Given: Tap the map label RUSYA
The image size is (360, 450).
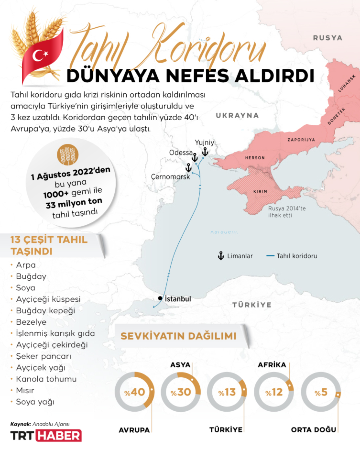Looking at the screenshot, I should (x=328, y=38).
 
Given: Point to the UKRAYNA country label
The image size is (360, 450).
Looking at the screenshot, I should (x=237, y=115).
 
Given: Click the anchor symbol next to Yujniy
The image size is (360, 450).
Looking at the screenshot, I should (x=205, y=152).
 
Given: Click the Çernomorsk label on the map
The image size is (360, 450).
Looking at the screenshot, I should (x=170, y=176).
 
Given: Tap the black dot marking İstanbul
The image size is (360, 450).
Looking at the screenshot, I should (x=160, y=298).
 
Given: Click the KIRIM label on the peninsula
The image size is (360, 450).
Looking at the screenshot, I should (x=260, y=191).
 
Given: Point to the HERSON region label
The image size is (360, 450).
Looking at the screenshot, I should (x=254, y=157).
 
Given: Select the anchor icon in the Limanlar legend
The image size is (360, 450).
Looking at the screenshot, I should (x=221, y=256).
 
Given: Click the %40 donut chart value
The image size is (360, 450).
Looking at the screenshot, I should (x=134, y=392).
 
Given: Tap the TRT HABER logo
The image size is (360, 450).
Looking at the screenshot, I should (x=46, y=435).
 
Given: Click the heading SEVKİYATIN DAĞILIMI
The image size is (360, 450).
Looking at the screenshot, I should (x=178, y=336).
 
